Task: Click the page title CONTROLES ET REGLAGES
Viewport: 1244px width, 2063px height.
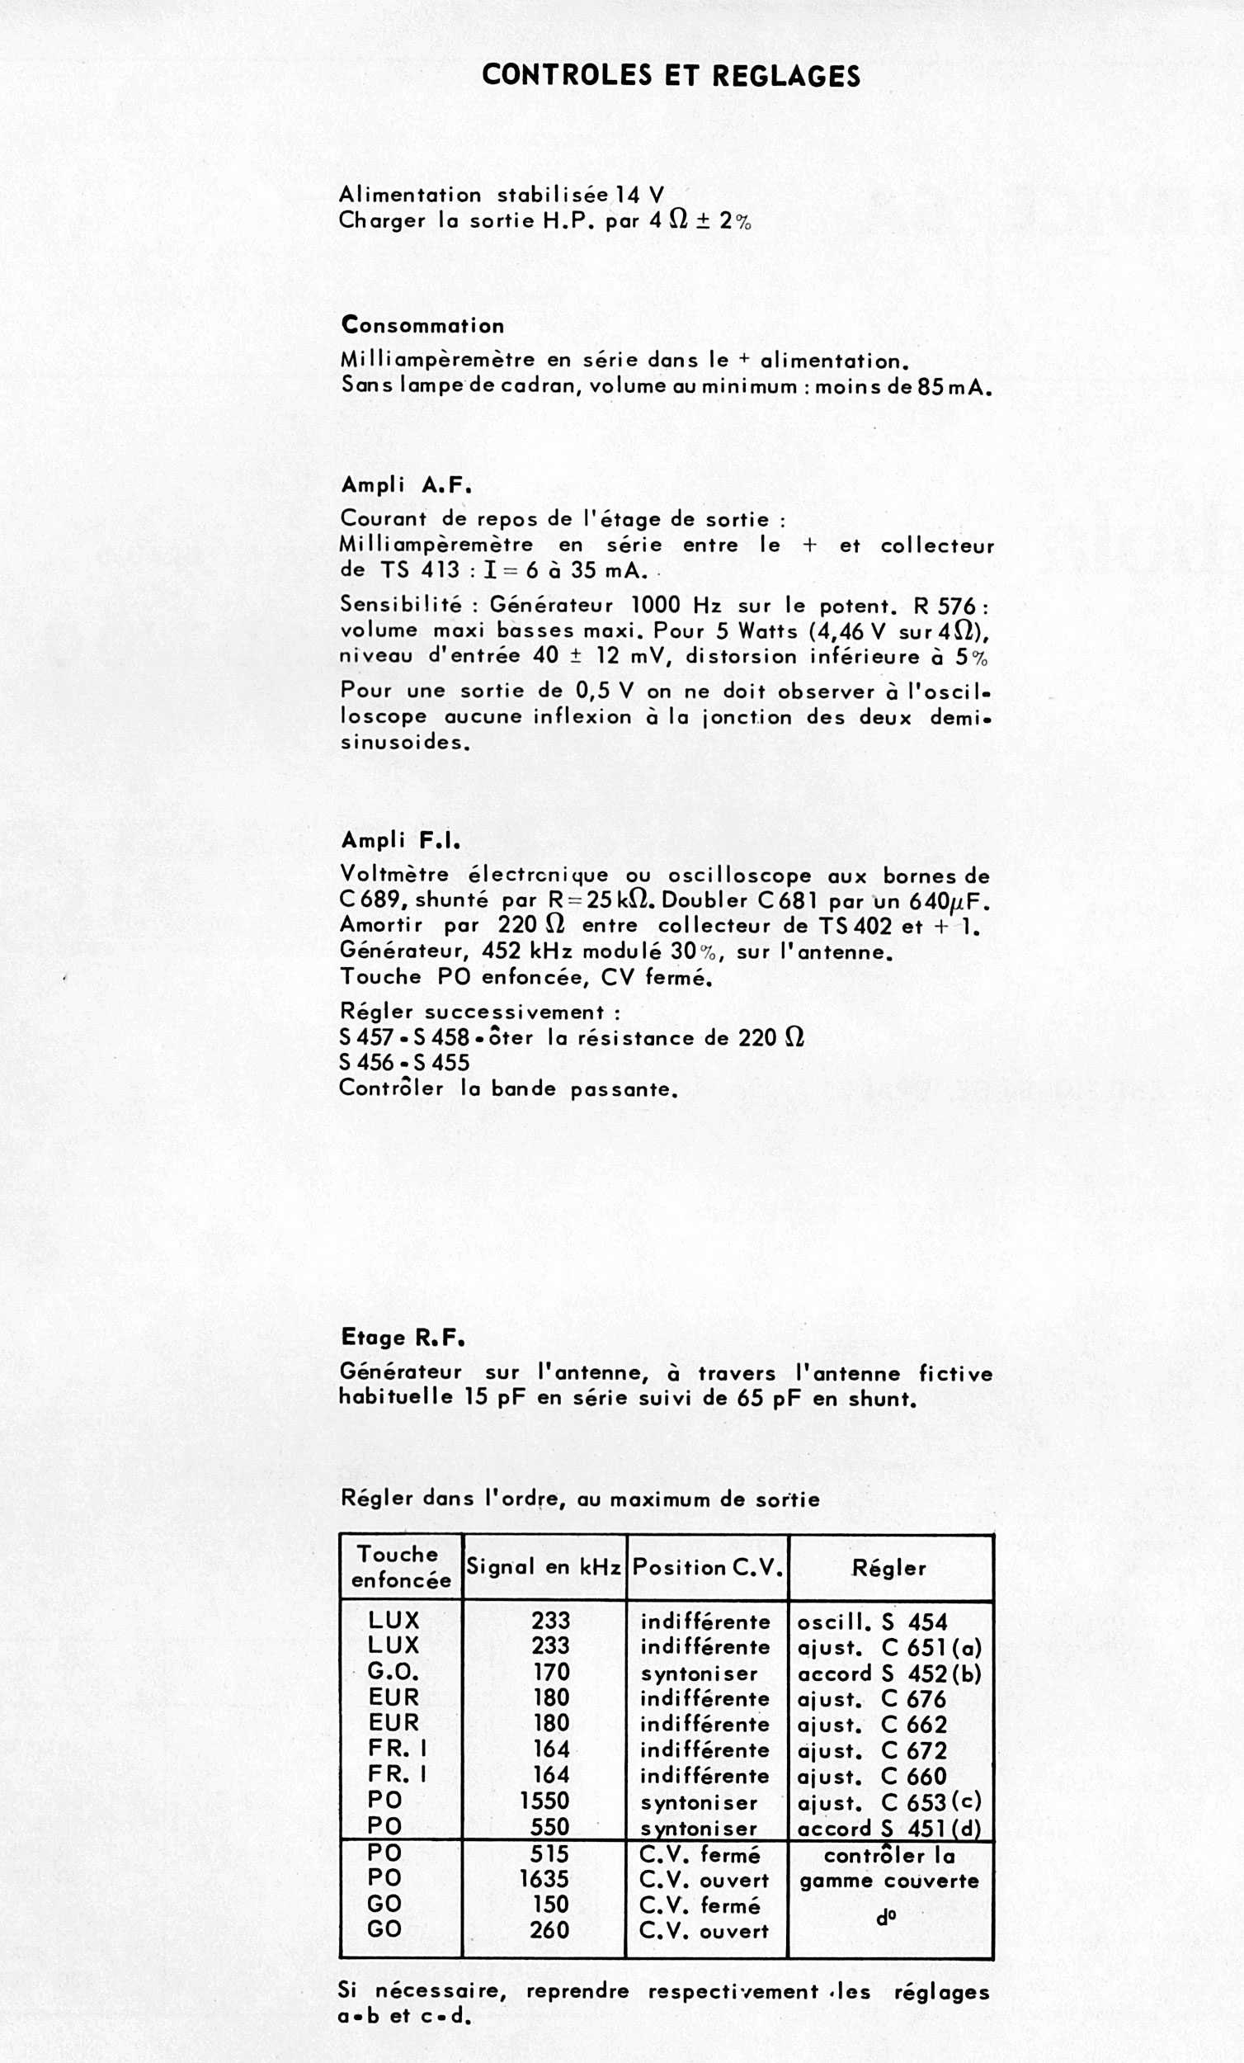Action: tap(671, 76)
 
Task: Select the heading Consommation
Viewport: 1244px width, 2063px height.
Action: tap(422, 326)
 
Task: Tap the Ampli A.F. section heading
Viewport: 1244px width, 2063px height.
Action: tap(407, 484)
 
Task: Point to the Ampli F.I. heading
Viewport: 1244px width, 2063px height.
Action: tap(401, 840)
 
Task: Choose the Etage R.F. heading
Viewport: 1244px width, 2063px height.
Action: tap(403, 1337)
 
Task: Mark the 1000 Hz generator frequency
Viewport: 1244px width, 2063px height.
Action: tap(676, 606)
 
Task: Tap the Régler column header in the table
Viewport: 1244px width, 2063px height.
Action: tap(889, 1567)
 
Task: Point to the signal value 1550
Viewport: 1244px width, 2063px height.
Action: tap(544, 1801)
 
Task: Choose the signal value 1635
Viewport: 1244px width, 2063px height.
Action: tap(544, 1879)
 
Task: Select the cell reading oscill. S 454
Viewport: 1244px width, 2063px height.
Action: tap(872, 1622)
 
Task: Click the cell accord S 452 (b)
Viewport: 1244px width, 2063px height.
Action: tap(889, 1674)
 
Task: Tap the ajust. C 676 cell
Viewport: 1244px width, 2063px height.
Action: tap(872, 1699)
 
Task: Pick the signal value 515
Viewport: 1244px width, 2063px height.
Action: tap(549, 1853)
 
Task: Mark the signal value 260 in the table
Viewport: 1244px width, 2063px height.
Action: tap(549, 1930)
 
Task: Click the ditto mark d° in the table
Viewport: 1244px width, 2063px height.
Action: tap(887, 1917)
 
